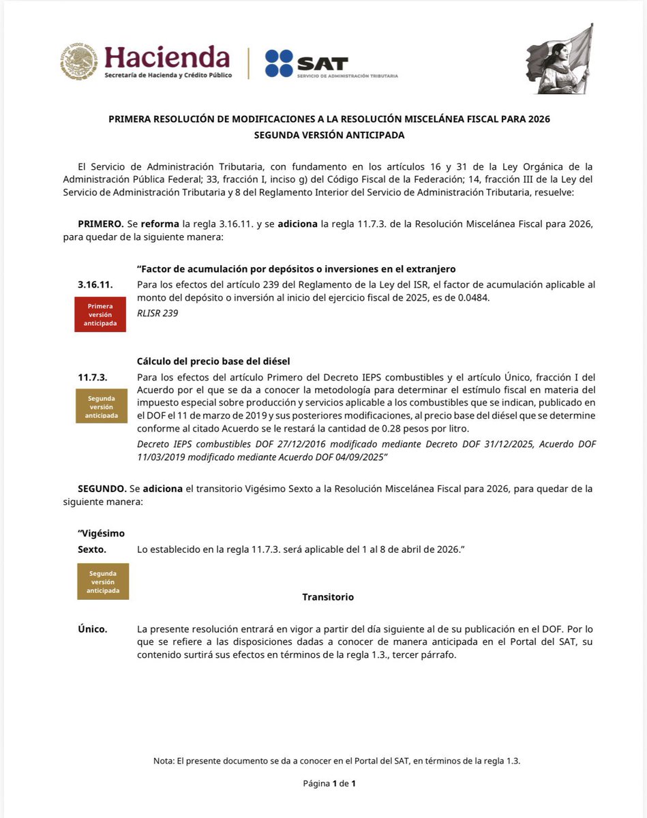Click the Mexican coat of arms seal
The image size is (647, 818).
(79, 61)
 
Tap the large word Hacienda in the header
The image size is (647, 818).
(167, 57)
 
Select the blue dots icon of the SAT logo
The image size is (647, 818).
(279, 63)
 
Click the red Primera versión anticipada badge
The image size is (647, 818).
(100, 315)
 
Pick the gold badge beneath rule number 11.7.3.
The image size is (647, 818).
(101, 406)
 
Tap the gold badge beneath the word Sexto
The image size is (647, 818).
(103, 581)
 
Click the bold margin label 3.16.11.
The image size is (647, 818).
(95, 284)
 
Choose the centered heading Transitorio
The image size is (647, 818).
(328, 597)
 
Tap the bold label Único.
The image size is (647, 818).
(92, 629)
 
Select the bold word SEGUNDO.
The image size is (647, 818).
(101, 489)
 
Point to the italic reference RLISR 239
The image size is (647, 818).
(157, 314)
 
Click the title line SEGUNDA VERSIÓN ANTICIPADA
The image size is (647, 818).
(329, 135)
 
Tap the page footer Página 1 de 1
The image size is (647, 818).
(329, 783)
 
